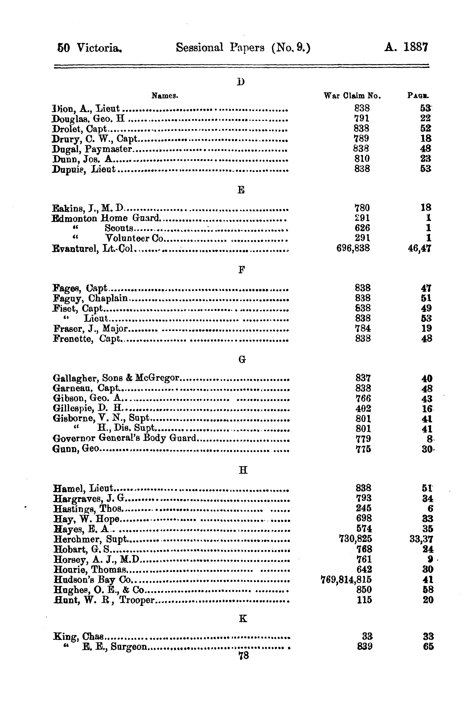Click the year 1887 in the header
[416, 47]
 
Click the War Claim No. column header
[352, 96]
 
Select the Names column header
[165, 96]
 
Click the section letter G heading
[242, 359]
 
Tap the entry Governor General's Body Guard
[125, 438]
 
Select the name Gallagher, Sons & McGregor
[116, 378]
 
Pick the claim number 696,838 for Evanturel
[353, 248]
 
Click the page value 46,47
[420, 248]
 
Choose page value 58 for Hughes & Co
[428, 590]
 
